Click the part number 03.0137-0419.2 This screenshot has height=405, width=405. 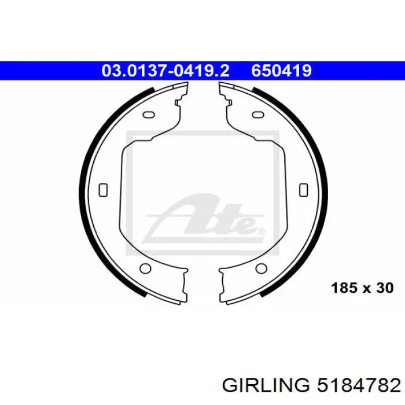click(x=165, y=71)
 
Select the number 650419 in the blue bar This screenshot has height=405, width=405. click(x=282, y=71)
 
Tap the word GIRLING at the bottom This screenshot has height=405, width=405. click(x=266, y=386)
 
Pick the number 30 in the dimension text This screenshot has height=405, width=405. click(x=385, y=288)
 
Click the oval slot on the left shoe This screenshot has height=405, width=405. click(x=149, y=115)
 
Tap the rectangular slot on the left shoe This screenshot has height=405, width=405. click(x=104, y=190)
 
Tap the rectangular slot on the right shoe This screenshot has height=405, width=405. click(x=304, y=190)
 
